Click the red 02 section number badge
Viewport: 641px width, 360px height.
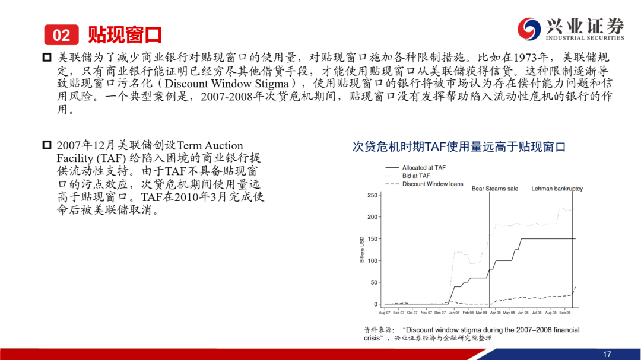point(61,35)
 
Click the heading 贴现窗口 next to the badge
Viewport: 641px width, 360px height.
point(125,35)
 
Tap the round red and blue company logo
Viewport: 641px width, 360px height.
point(529,28)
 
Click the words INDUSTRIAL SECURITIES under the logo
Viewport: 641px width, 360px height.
point(585,38)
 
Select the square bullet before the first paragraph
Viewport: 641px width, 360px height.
point(47,57)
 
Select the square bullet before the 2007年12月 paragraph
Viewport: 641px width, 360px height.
point(47,145)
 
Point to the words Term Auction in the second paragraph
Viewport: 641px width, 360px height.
point(210,145)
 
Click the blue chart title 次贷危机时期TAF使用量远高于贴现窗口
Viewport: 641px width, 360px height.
point(459,146)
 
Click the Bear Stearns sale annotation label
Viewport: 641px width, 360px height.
point(494,189)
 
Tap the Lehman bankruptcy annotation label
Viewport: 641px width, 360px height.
point(557,189)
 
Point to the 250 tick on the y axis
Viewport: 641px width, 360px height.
point(372,195)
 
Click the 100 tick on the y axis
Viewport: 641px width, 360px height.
point(372,261)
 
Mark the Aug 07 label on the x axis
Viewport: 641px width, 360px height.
point(385,313)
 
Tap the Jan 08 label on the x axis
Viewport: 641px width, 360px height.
point(454,313)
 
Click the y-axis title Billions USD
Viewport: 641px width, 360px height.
point(362,249)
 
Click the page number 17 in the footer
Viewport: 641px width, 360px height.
point(607,354)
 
